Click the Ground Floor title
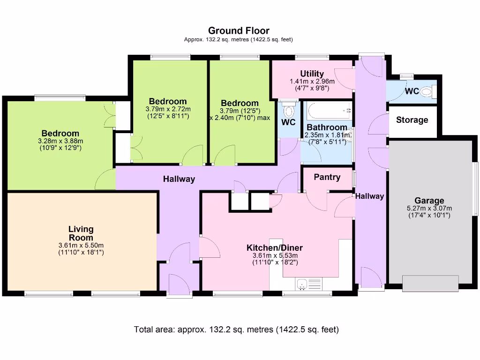[x=239, y=31]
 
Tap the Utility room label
[x=312, y=74]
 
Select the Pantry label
[x=327, y=177]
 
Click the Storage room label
[x=412, y=120]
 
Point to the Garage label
[x=429, y=201]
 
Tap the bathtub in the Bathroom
[x=329, y=111]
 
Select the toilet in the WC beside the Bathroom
[x=289, y=111]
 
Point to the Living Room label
[x=81, y=233]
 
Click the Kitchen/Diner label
[x=275, y=247]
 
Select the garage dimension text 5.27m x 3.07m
[x=429, y=209]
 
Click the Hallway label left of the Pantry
[x=179, y=179]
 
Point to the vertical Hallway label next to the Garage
[x=369, y=196]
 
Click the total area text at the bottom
[x=236, y=330]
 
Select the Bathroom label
[x=327, y=127]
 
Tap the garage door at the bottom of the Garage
[x=430, y=283]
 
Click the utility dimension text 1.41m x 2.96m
[x=312, y=81]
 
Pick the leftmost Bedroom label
[x=60, y=134]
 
